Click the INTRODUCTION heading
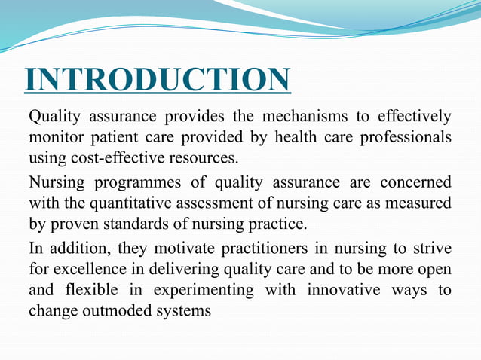[x=157, y=81]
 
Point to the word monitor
[x=55, y=138]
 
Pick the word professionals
[x=403, y=138]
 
